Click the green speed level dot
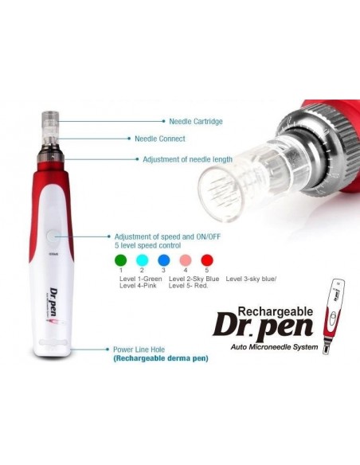coord(121,260)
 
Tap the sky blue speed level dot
coord(142,260)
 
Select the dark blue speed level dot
coord(164,260)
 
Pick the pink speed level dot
coord(186,260)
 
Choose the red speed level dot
coord(207,260)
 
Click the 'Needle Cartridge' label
coord(196,121)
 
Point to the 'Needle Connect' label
coord(160,139)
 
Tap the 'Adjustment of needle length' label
coord(187,159)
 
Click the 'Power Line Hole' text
coord(139,350)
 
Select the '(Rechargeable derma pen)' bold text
coord(161,358)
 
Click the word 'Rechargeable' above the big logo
coord(276,311)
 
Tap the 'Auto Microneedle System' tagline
coord(274,346)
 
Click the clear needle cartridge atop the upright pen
coord(50,126)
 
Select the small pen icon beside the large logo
coord(334,316)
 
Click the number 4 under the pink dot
coord(186,270)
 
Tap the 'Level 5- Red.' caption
coord(188,286)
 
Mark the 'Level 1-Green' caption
coord(140,279)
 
